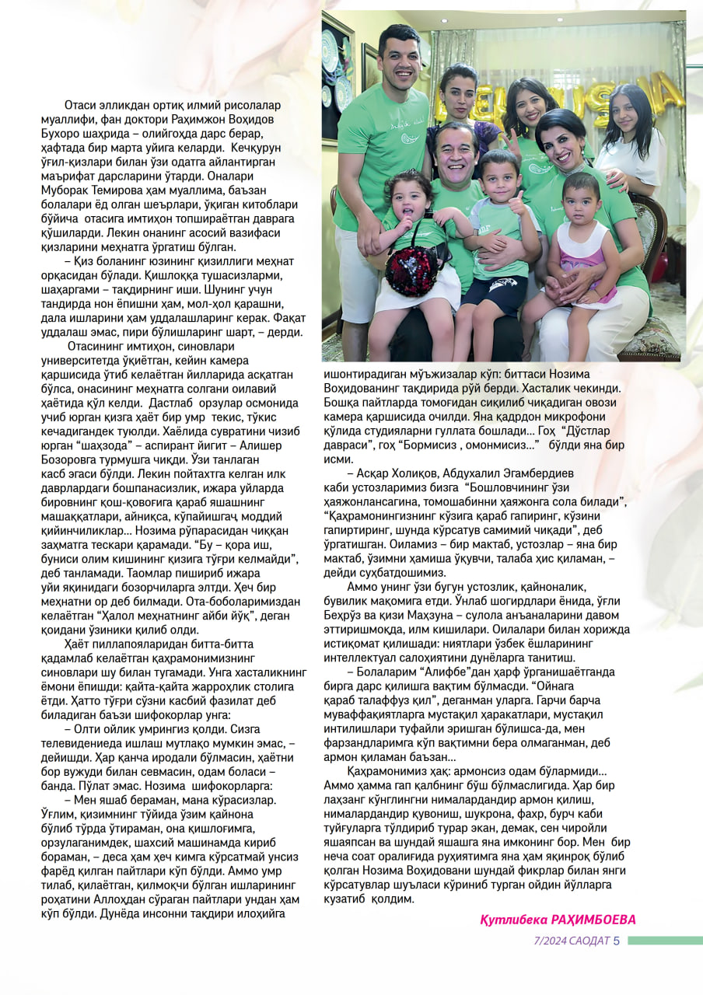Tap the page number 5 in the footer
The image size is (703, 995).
tap(616, 940)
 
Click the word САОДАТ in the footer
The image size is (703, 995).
tap(589, 941)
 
